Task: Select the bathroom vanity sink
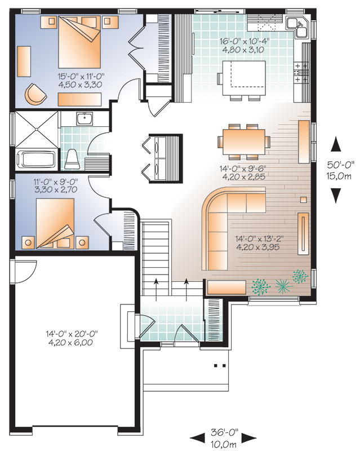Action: (x=85, y=119)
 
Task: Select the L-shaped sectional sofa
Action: (x=225, y=225)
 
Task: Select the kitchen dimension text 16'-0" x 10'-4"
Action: (x=240, y=45)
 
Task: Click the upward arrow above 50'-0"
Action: (x=336, y=145)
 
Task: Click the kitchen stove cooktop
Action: (x=300, y=73)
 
